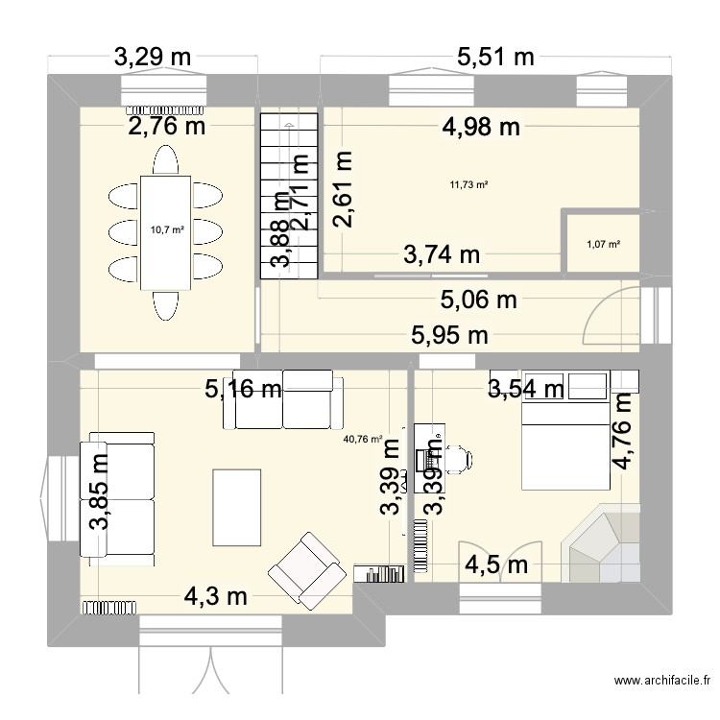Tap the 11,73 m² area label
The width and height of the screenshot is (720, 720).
coord(468,185)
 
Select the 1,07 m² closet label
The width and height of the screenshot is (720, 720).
coord(603,244)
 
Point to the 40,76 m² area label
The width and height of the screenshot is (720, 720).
coord(363,440)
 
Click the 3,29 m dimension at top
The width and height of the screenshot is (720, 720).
coord(154,57)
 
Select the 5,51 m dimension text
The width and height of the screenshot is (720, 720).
coord(494,57)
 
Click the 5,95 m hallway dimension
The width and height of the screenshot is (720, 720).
coord(449,335)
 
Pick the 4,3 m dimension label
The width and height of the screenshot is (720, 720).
coord(215,596)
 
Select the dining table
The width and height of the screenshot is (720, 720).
coord(165,231)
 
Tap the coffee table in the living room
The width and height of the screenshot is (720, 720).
coord(237,494)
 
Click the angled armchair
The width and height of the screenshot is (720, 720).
coord(308,565)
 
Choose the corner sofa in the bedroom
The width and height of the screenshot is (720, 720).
coord(600,543)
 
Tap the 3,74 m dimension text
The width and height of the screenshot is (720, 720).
coord(441,254)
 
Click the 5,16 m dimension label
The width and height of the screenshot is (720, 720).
coord(243,389)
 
